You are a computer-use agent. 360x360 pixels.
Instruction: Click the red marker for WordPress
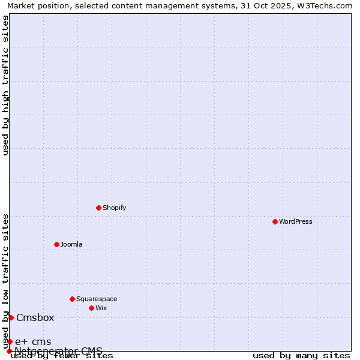(275, 221)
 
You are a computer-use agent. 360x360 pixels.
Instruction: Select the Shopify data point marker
(98, 208)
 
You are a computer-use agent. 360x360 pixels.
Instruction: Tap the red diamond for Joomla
(56, 244)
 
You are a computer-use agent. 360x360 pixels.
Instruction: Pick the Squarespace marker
(72, 299)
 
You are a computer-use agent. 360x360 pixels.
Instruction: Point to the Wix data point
(91, 308)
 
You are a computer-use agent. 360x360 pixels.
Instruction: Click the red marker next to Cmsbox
(11, 317)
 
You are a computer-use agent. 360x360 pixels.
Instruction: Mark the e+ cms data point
(10, 341)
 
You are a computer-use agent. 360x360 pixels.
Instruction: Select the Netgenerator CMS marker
(9, 351)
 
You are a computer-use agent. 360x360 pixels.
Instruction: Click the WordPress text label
(296, 221)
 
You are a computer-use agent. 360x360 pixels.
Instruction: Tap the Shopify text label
(114, 208)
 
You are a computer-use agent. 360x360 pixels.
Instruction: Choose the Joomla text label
(71, 244)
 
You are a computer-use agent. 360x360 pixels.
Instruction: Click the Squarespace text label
(97, 299)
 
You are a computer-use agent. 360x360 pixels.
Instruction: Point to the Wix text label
(101, 308)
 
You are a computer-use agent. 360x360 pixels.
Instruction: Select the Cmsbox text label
(35, 317)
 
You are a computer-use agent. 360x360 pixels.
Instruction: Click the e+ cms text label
(33, 341)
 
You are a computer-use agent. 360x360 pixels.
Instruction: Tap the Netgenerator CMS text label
(59, 350)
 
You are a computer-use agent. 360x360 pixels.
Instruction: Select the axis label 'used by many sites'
(301, 355)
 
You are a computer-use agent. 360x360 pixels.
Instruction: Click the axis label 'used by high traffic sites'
(5, 85)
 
